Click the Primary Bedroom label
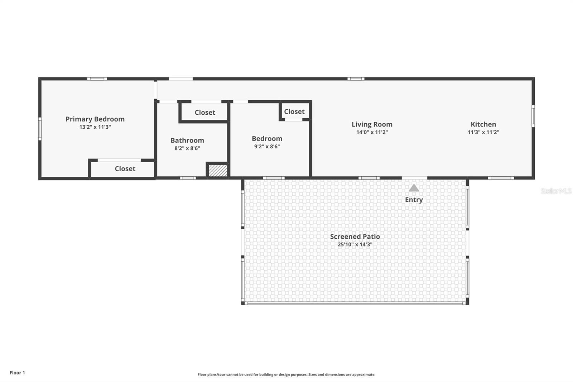[x=95, y=119]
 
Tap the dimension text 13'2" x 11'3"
[x=95, y=127]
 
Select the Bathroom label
[x=187, y=140]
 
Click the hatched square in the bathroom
[x=218, y=170]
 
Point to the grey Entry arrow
[x=414, y=188]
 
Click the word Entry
[x=414, y=200]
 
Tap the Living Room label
[x=372, y=124]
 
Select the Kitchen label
[x=483, y=124]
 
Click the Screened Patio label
[x=355, y=237]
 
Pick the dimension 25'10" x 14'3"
[x=355, y=245]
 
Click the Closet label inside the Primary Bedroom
[x=125, y=169]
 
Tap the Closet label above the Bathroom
[x=205, y=113]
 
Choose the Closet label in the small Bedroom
[x=294, y=112]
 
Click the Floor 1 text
[x=17, y=373]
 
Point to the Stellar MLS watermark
[x=556, y=191]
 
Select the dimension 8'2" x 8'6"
[x=187, y=148]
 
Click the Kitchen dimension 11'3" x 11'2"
[x=483, y=132]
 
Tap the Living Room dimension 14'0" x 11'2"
[x=372, y=132]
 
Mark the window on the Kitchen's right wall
[x=533, y=116]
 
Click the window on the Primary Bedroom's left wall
[x=40, y=128]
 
